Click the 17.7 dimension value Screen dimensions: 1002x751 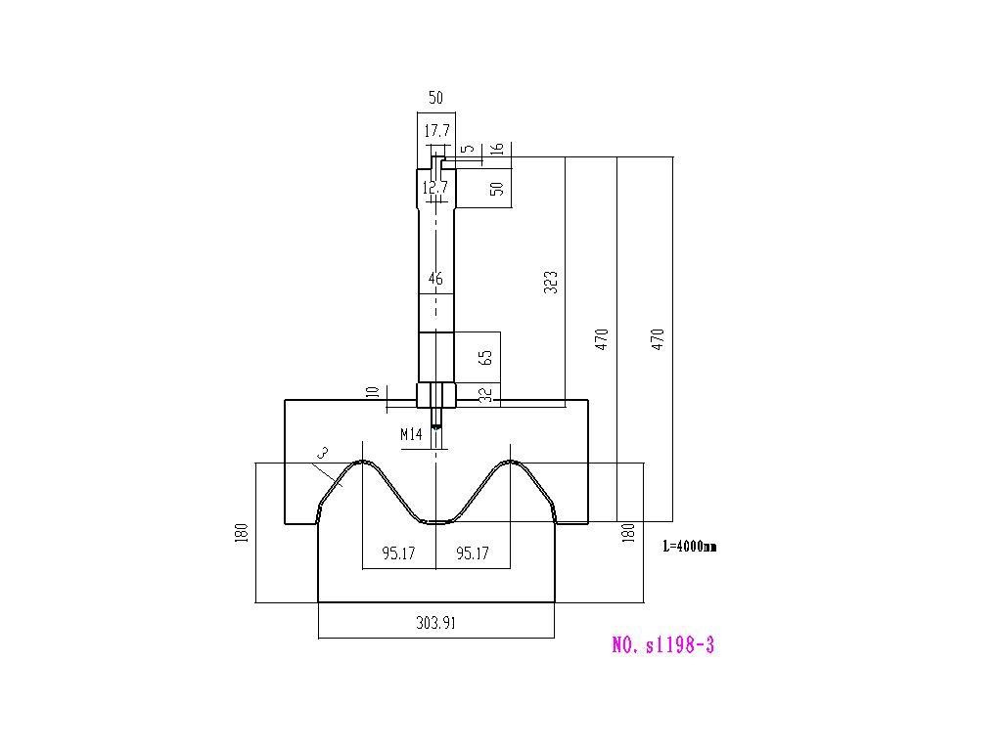pyautogui.click(x=437, y=131)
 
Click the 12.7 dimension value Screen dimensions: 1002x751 pyautogui.click(x=435, y=188)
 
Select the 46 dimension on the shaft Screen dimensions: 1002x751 pyautogui.click(x=435, y=279)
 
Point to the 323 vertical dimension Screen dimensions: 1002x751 pyautogui.click(x=550, y=283)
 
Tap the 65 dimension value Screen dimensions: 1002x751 pyautogui.click(x=485, y=358)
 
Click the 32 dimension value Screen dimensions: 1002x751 pyautogui.click(x=487, y=395)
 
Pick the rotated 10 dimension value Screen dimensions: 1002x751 pyautogui.click(x=374, y=391)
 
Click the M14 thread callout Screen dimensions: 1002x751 pyautogui.click(x=412, y=435)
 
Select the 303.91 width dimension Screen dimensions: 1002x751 pyautogui.click(x=436, y=623)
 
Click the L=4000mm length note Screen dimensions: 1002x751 pyautogui.click(x=690, y=546)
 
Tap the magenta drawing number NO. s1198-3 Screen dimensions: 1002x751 pyautogui.click(x=662, y=645)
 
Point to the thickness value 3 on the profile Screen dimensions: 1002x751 pyautogui.click(x=323, y=454)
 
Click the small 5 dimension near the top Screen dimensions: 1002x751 pyautogui.click(x=469, y=149)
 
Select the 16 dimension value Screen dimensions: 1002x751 pyautogui.click(x=498, y=149)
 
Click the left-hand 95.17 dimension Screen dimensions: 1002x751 pyautogui.click(x=399, y=553)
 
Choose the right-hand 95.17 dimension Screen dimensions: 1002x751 pyautogui.click(x=473, y=553)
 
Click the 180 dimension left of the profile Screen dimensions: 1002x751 pyautogui.click(x=242, y=533)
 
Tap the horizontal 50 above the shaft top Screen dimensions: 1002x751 pyautogui.click(x=435, y=98)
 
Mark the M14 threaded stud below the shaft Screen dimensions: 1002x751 pyautogui.click(x=436, y=418)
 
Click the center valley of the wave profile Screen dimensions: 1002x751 pyautogui.click(x=436, y=522)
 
